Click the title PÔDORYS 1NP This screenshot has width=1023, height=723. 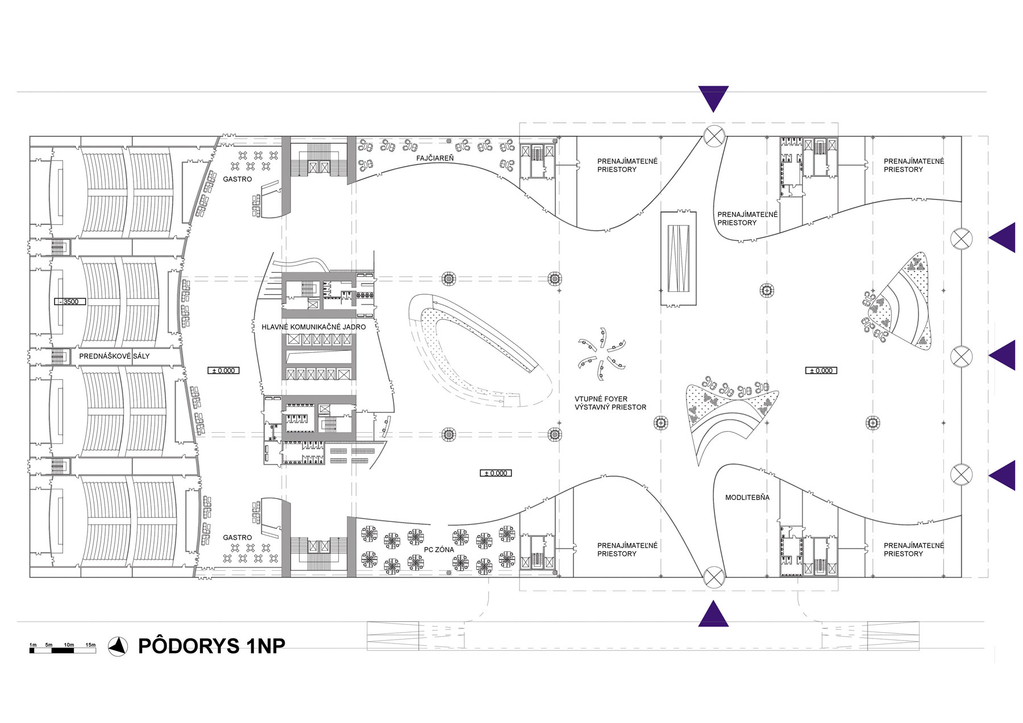211,646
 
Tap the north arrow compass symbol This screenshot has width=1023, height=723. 118,646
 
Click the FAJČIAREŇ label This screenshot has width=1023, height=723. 435,158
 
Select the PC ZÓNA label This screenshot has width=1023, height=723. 439,550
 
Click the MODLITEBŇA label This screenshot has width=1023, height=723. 747,498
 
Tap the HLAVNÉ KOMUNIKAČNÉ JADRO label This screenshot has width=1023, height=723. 314,327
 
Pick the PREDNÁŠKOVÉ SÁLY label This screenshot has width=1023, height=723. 114,356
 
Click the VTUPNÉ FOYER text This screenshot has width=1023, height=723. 601,399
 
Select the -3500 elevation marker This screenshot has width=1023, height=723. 70,302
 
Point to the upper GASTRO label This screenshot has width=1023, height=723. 238,179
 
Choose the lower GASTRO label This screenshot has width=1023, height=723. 238,537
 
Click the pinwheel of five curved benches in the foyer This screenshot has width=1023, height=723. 601,360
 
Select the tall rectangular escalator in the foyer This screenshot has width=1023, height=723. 678,258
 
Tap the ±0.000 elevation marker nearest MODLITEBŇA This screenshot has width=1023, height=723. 821,370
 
